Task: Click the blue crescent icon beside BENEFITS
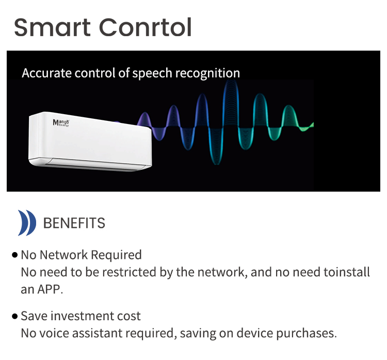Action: point(27,223)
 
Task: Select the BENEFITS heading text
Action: point(74,223)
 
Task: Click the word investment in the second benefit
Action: point(79,316)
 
